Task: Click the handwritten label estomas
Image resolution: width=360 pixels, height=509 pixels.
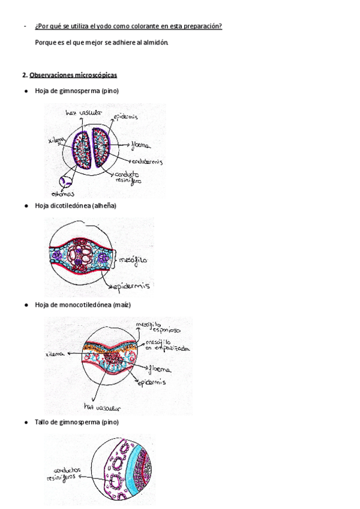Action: click(x=63, y=194)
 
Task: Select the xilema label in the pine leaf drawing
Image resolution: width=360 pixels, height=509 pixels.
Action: click(x=56, y=140)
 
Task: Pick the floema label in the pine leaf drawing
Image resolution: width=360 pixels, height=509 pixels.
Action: click(x=139, y=145)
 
